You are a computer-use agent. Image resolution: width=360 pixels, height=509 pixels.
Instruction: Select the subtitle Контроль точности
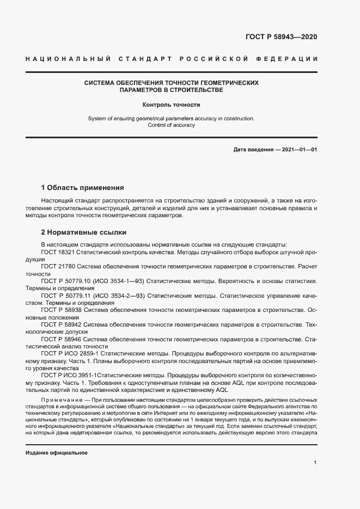[x=172, y=105]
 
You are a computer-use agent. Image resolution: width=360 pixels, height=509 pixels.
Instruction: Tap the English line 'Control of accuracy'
[x=172, y=125]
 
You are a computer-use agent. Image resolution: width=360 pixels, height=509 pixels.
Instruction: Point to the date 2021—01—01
[x=298, y=149]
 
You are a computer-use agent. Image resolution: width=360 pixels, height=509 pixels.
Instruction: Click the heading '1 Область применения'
[x=83, y=188]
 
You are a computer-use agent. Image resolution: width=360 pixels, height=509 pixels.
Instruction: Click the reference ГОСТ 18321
[x=57, y=252]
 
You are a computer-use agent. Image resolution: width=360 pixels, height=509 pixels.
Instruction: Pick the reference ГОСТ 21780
[x=57, y=267]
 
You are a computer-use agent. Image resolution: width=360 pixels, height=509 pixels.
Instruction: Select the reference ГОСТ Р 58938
[x=61, y=310]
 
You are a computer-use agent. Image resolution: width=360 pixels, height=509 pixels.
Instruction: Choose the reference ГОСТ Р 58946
[x=61, y=339]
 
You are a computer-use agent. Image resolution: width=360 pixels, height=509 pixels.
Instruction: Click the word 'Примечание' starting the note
[x=60, y=400]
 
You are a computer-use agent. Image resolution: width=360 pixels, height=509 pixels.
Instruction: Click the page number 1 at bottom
[x=315, y=462]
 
